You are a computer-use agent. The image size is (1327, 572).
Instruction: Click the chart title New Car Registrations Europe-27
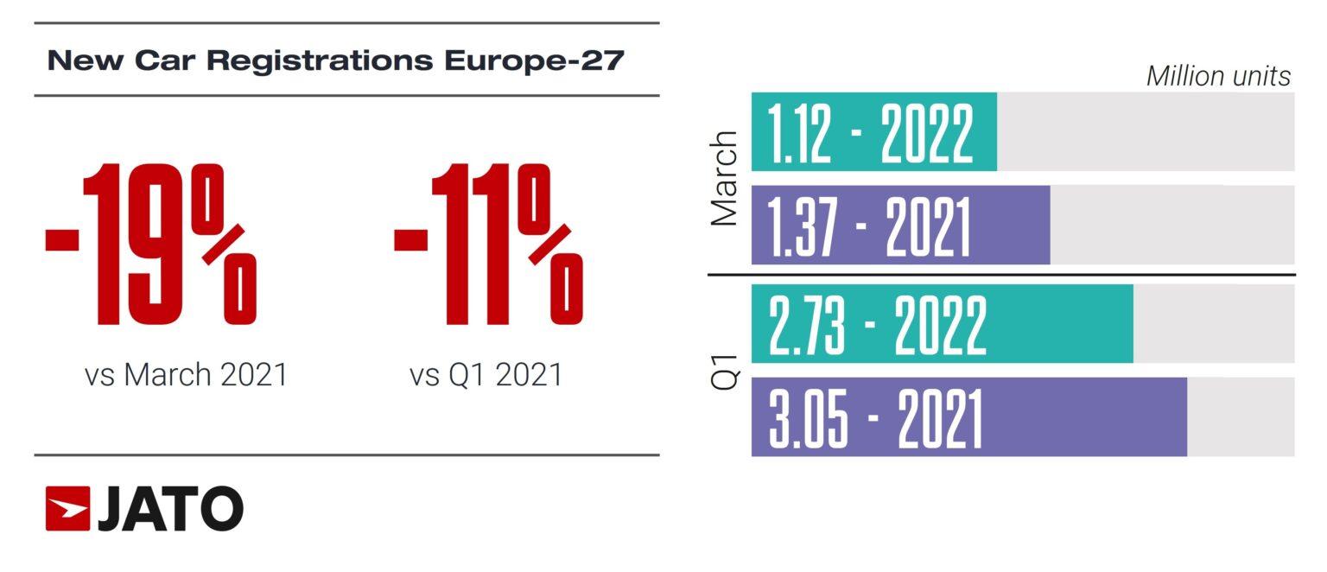point(335,61)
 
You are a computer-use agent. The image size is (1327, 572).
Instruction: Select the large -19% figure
point(150,245)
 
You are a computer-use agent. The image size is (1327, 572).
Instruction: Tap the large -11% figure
point(488,245)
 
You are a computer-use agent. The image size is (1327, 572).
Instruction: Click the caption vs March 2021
point(186,375)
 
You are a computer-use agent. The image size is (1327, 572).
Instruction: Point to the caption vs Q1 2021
point(486,375)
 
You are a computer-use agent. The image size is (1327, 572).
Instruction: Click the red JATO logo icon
point(67,508)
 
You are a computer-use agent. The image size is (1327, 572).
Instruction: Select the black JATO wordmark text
point(170,508)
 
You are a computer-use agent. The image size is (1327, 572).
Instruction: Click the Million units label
point(1218,76)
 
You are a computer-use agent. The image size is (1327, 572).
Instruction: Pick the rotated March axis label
point(724,179)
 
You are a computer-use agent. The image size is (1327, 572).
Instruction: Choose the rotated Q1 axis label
point(724,371)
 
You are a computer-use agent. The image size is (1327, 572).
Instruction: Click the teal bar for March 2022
point(873,132)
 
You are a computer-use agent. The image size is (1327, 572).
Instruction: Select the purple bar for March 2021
point(900,225)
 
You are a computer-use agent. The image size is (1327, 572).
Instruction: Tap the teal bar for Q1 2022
point(942,324)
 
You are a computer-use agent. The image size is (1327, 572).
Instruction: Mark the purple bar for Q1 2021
point(968,417)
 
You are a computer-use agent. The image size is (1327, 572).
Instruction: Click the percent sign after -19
point(223,245)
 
